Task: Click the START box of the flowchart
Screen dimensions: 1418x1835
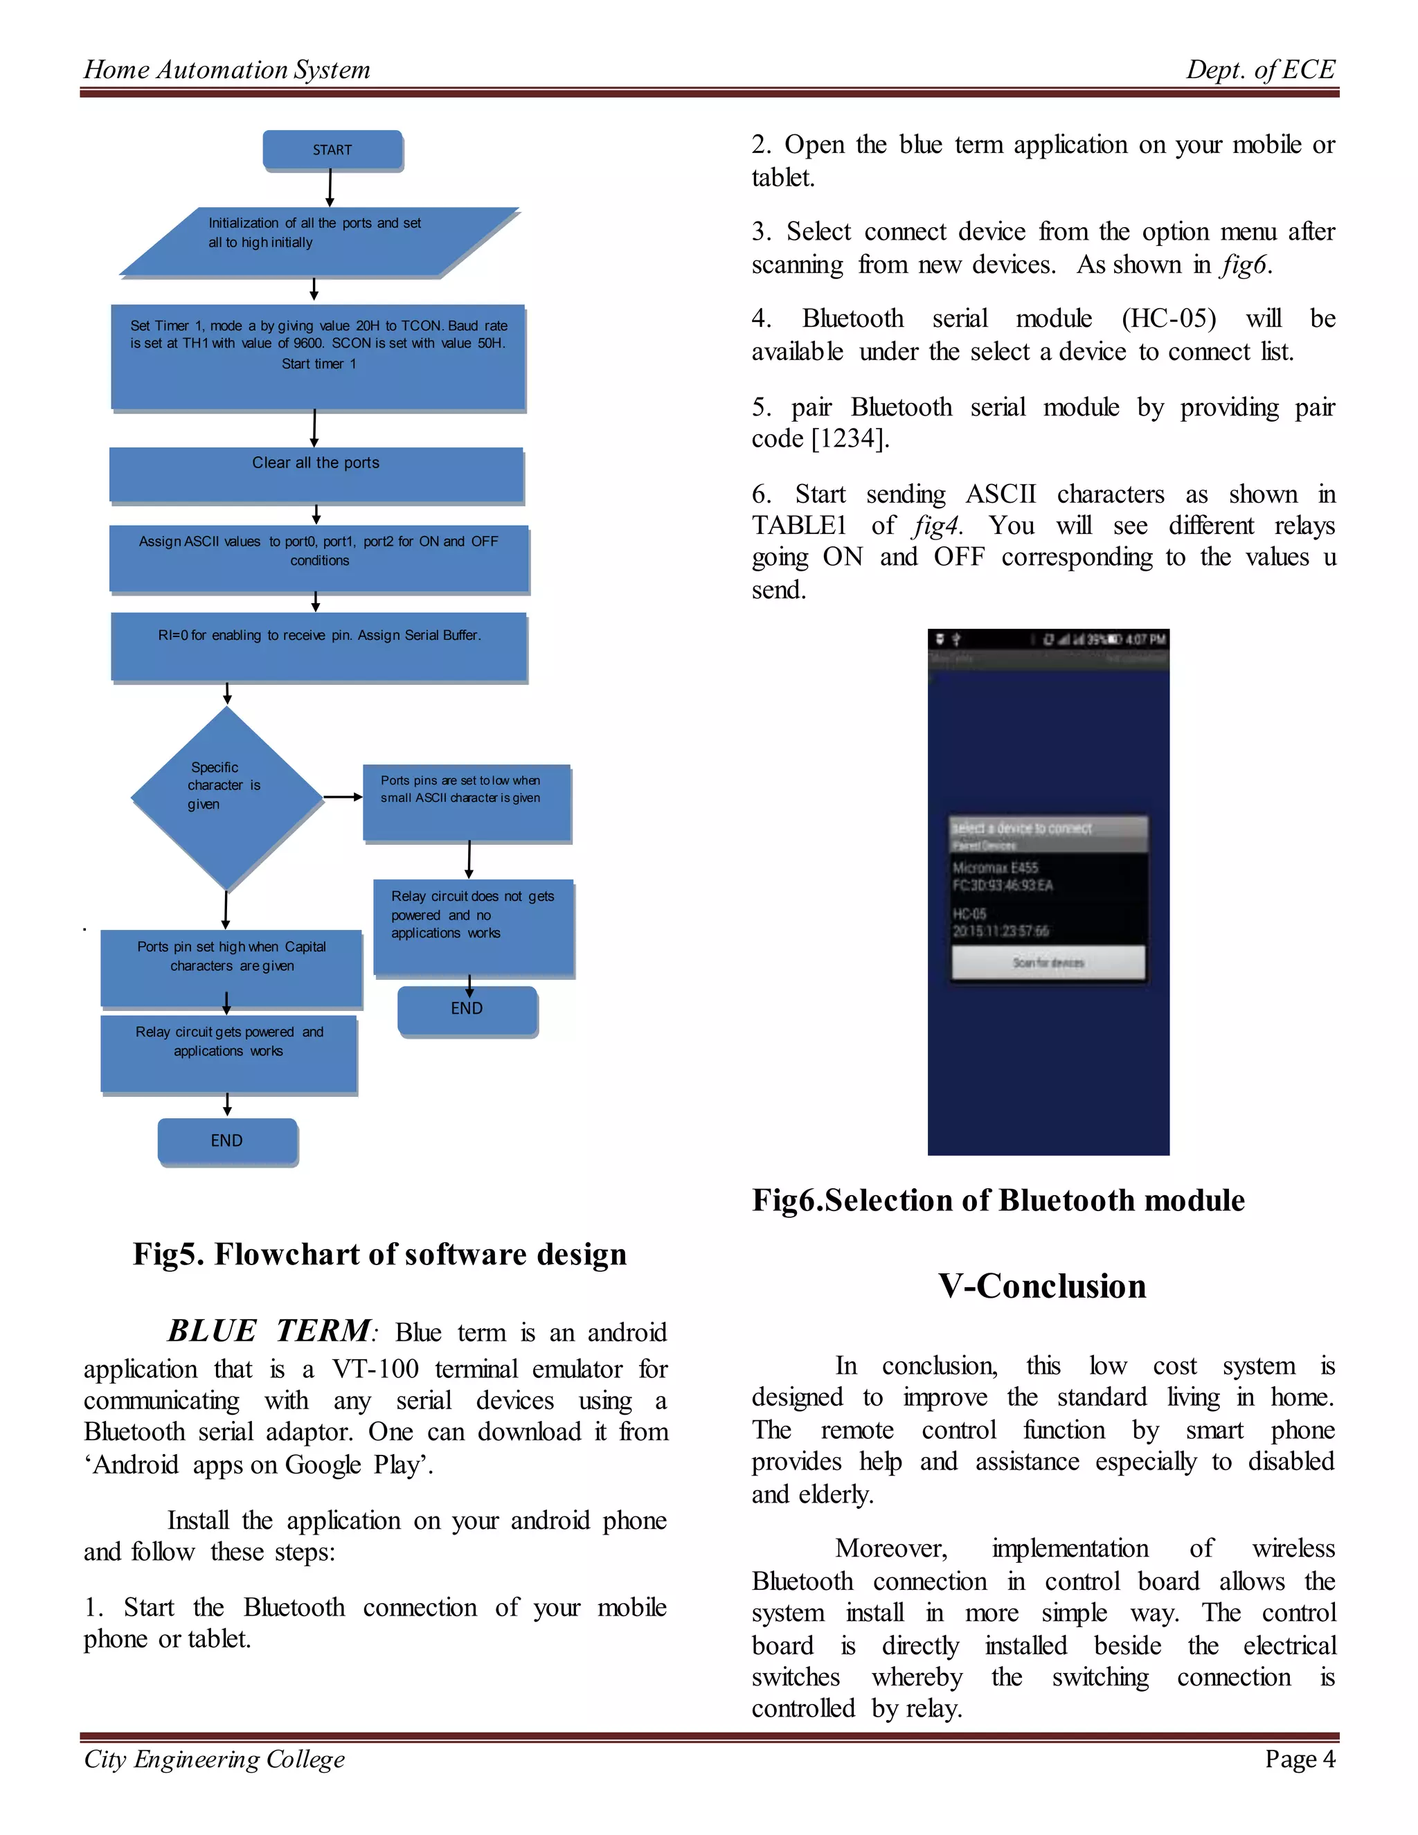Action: [x=332, y=150]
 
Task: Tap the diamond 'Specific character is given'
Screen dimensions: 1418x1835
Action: [x=227, y=796]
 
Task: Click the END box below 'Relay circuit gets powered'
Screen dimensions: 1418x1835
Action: [x=227, y=1141]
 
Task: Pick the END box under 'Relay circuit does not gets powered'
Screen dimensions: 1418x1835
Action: [x=467, y=1009]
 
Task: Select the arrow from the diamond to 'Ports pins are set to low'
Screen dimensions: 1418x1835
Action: [x=343, y=796]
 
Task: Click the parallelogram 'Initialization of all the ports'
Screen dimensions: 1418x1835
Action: [x=319, y=241]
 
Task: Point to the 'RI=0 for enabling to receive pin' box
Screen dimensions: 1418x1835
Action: [x=319, y=646]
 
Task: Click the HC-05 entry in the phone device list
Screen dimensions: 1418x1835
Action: [x=1000, y=922]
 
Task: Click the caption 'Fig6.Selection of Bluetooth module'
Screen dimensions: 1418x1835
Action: [x=998, y=1201]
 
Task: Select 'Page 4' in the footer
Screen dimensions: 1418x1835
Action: [x=1300, y=1760]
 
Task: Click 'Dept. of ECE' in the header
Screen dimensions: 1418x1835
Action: [x=1260, y=70]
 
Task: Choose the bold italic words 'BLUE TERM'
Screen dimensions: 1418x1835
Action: [x=269, y=1332]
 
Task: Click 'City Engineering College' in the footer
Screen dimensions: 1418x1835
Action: [x=214, y=1760]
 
